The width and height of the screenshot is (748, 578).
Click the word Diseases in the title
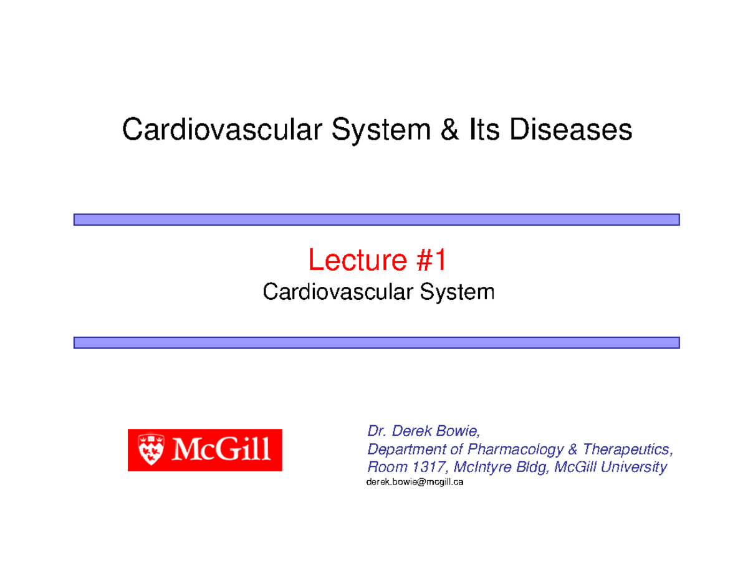[572, 130]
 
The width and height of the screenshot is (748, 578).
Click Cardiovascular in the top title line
[222, 130]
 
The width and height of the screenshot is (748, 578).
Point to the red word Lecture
[355, 261]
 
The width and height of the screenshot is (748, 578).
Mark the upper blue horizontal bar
[376, 219]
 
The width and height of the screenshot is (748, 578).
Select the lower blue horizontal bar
[376, 342]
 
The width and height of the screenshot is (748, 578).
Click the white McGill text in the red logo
[221, 450]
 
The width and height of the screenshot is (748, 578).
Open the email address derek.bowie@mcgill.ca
[415, 483]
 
